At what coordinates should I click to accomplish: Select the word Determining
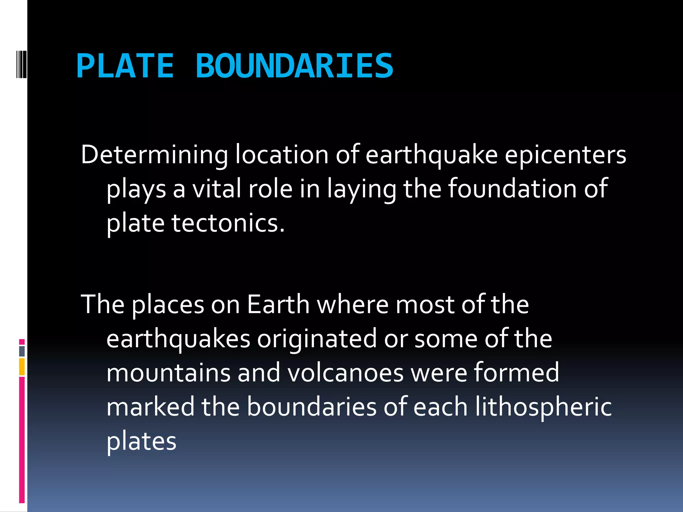pos(154,155)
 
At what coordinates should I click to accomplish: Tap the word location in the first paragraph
pos(282,155)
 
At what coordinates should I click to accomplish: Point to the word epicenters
pos(565,155)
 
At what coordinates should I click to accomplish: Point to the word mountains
pos(168,373)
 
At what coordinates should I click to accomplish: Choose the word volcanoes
pos(346,373)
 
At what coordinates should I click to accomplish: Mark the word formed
pos(517,373)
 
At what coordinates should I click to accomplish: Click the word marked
pos(150,407)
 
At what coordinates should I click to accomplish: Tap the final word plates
pos(141,441)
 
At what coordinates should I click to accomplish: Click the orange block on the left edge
pos(22,367)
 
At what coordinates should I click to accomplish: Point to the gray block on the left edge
pos(22,351)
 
